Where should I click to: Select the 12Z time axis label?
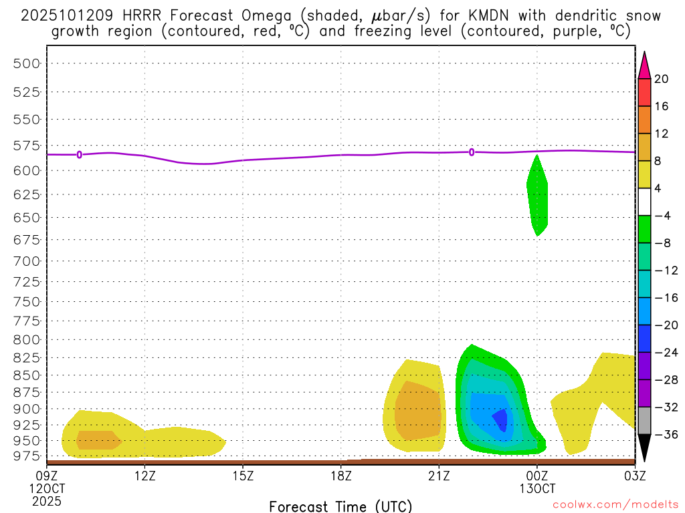pos(145,476)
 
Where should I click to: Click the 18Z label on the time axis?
pos(341,476)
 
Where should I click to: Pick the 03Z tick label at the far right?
pos(635,476)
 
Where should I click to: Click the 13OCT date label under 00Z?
pos(537,488)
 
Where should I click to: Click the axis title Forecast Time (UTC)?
pos(340,506)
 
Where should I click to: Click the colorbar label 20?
pos(662,79)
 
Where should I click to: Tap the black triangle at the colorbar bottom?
pos(644,448)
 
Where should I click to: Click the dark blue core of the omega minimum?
pos(500,419)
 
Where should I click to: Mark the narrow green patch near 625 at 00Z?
pos(538,197)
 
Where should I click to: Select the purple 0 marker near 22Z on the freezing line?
pos(472,152)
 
